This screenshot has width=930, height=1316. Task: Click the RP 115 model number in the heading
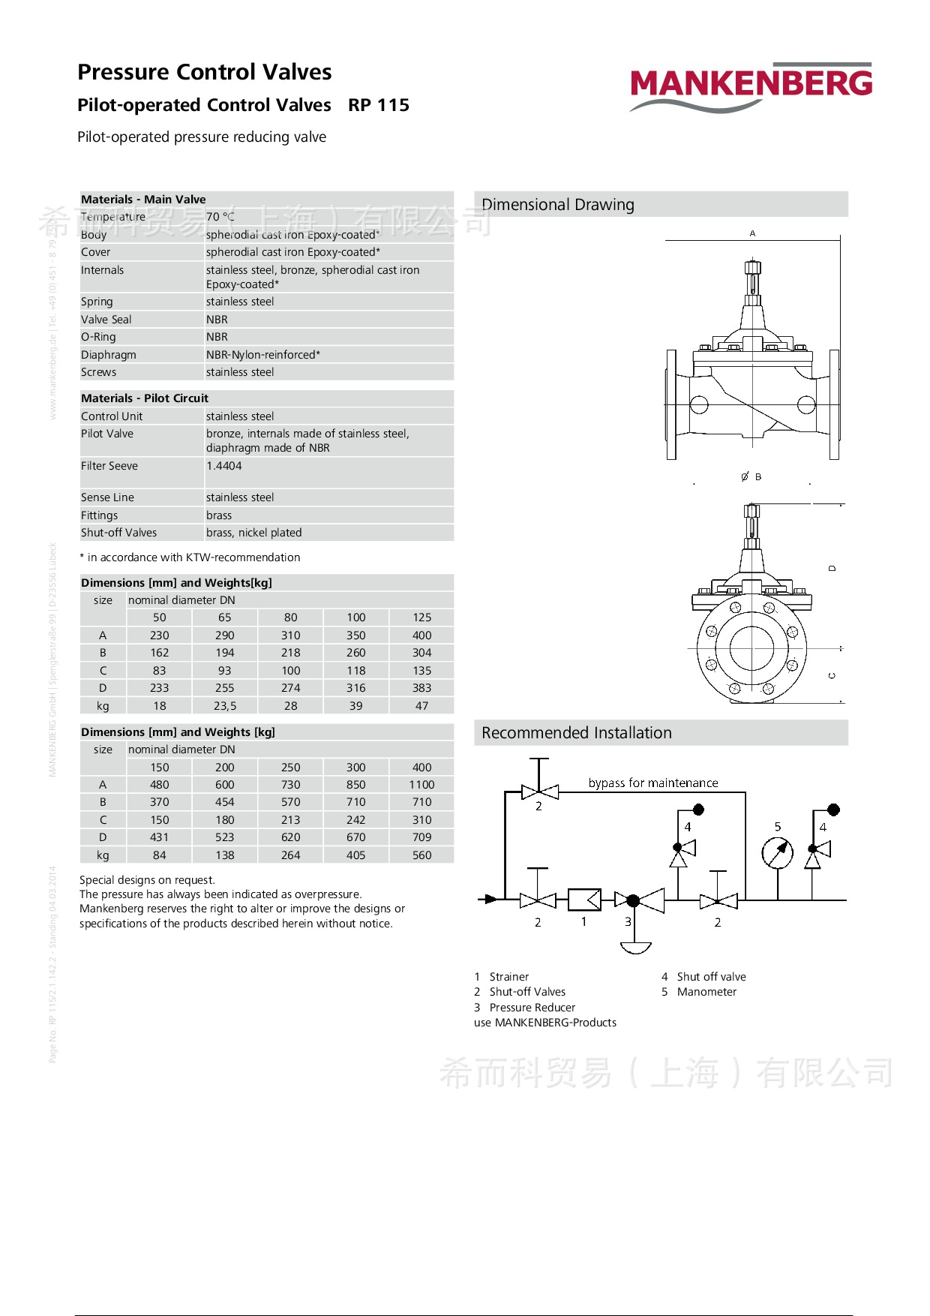coord(379,105)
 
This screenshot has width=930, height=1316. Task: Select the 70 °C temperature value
coord(220,217)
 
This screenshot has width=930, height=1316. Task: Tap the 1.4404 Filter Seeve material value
coord(224,466)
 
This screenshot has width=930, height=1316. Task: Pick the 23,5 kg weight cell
coord(225,706)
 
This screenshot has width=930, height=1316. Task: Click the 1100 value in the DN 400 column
coord(421,785)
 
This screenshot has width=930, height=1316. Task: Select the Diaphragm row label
coord(109,355)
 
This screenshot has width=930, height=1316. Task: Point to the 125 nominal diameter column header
coord(421,617)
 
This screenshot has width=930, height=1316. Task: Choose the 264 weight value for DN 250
coord(290,855)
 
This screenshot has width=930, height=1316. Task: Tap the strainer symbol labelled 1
coord(584,899)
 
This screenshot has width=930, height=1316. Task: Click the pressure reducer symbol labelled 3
coord(634,900)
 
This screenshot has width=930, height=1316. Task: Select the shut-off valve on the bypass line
coord(539,791)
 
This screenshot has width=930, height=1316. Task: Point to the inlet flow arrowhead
coord(491,899)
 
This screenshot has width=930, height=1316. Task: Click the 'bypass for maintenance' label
coord(653,783)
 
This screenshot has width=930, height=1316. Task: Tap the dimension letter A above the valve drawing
coord(752,233)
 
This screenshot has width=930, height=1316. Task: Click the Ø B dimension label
coord(751,476)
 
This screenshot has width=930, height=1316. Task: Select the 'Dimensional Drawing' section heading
coord(558,205)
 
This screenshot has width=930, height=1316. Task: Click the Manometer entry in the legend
coord(706,992)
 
